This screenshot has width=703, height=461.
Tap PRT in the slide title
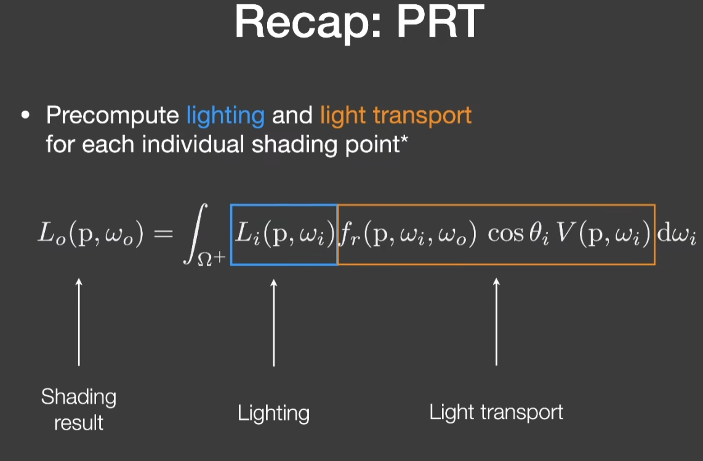[441, 21]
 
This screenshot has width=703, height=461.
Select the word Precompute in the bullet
[113, 116]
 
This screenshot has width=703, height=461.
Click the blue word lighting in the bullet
[225, 116]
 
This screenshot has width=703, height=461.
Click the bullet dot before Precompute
[26, 115]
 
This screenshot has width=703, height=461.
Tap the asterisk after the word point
[404, 139]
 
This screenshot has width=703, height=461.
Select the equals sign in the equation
[163, 234]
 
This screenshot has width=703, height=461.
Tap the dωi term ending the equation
[677, 234]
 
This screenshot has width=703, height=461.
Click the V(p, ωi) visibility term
[603, 234]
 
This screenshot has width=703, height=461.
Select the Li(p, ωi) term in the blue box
[284, 234]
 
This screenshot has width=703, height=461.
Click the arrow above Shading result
[79, 322]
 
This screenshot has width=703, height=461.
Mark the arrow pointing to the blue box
[274, 323]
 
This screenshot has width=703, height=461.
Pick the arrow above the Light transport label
[496, 322]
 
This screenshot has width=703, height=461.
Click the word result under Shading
[79, 423]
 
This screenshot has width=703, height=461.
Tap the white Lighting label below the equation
[273, 414]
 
